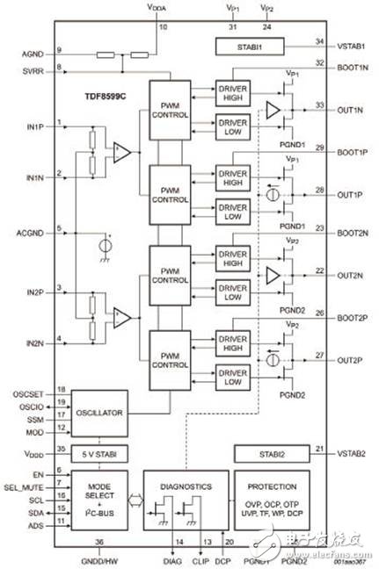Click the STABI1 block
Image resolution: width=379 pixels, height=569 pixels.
coord(250,45)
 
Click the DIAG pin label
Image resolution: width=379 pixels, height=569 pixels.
coord(172,559)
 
